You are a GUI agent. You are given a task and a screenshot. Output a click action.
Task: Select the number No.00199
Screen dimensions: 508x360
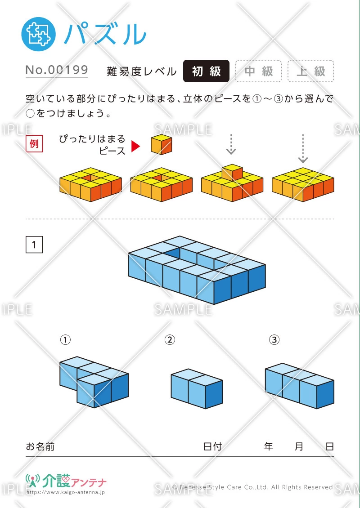[x=57, y=70]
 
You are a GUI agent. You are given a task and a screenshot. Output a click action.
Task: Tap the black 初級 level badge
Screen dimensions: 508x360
[x=206, y=71]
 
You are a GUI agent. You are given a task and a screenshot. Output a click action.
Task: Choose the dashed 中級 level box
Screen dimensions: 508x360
[x=258, y=71]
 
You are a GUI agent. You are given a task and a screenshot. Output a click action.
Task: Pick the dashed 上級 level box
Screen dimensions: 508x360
[x=310, y=71]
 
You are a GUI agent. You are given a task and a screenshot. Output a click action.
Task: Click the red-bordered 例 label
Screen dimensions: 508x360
[x=34, y=144]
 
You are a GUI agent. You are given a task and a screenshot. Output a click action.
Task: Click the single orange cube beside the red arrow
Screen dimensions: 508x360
[x=161, y=145]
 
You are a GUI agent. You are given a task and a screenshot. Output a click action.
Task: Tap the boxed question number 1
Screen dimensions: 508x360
[x=34, y=245]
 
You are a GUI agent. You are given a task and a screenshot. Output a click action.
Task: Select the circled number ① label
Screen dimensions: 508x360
[x=66, y=340]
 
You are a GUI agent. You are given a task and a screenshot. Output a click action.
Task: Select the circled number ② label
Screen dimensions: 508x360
[x=170, y=340]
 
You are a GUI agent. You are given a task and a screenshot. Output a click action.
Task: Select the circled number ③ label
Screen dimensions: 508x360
[x=274, y=340]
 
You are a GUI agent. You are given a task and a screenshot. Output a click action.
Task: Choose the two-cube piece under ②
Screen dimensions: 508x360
[x=197, y=389]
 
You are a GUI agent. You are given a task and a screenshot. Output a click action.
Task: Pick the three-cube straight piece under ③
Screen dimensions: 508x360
[x=299, y=386]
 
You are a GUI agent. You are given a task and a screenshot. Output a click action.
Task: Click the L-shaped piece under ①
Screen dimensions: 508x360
[x=94, y=382]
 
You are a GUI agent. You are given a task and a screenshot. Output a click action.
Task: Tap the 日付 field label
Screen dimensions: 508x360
[x=212, y=447]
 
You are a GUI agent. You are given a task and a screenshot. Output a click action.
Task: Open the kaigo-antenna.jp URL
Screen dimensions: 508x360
[x=66, y=492]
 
